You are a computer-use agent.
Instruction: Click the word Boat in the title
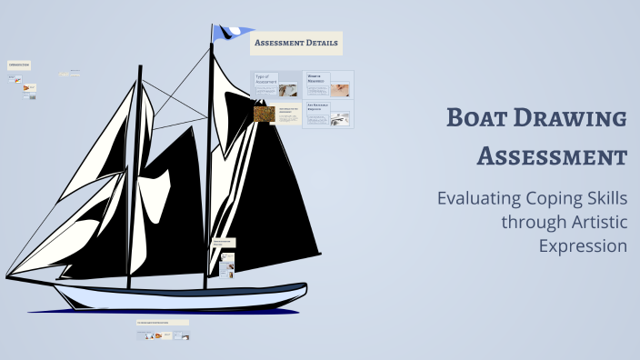click(478, 119)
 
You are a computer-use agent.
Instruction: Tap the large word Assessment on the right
click(552, 155)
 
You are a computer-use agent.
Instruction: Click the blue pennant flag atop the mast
click(225, 32)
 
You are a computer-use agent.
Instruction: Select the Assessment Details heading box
click(297, 43)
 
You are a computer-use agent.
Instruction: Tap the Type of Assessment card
click(275, 85)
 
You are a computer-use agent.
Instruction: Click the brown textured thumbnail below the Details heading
click(265, 114)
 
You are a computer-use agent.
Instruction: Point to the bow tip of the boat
click(7, 275)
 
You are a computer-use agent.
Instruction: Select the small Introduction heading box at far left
click(19, 65)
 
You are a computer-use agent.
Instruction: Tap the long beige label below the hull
click(162, 322)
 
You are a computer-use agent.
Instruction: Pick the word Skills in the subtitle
click(608, 198)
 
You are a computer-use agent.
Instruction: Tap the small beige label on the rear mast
click(224, 243)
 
